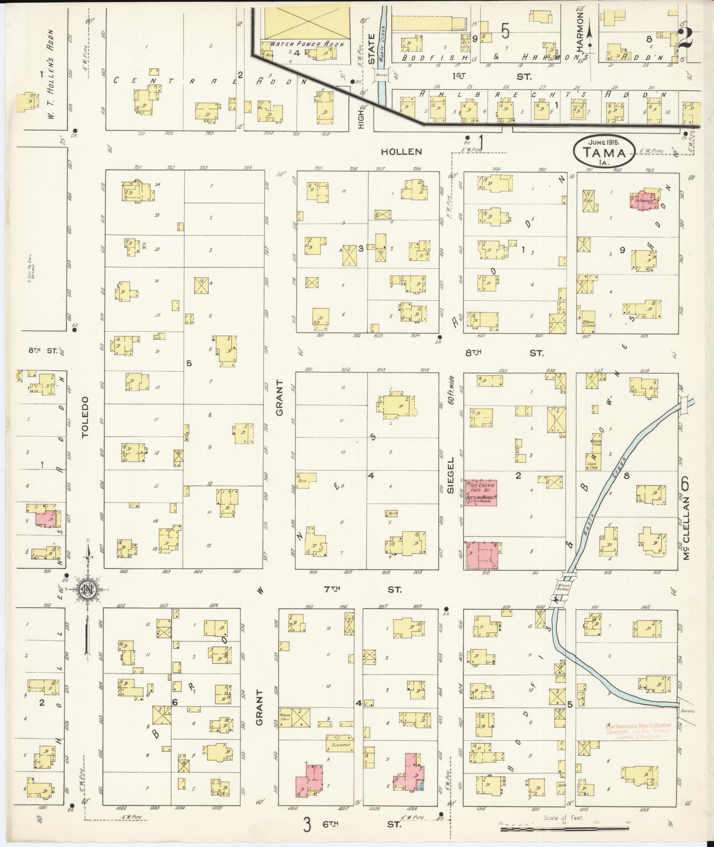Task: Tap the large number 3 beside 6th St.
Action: coord(307,824)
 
